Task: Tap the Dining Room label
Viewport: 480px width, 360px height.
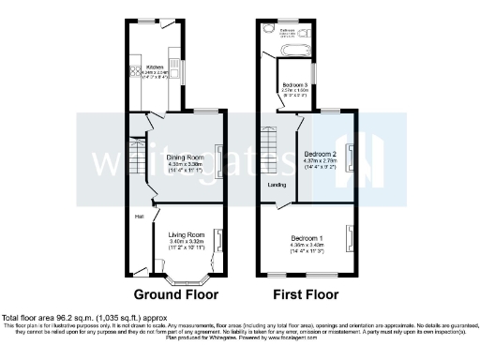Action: (185, 157)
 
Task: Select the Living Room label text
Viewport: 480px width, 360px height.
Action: (185, 233)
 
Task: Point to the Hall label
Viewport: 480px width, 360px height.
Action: (138, 217)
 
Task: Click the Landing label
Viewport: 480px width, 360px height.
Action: (277, 185)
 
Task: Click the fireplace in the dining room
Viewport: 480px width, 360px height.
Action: (220, 160)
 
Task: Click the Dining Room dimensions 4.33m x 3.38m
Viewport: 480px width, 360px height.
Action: (185, 164)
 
